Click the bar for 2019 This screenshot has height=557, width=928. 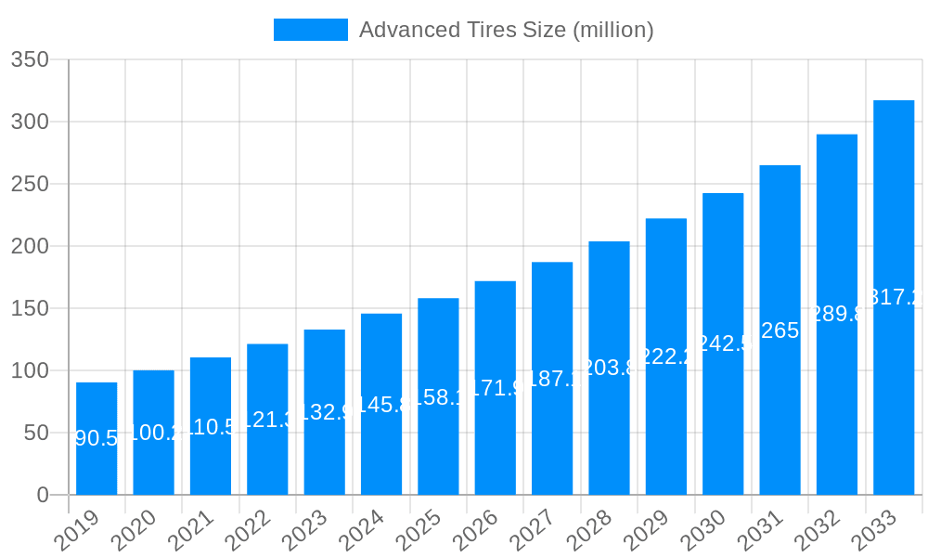[x=97, y=438]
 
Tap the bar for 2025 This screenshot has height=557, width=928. [x=438, y=396]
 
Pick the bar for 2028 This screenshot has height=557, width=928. [x=609, y=368]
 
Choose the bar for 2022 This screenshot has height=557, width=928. [x=267, y=419]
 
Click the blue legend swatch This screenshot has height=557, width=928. [x=311, y=30]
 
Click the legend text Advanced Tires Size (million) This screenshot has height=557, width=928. [x=506, y=30]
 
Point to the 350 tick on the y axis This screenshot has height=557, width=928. [x=30, y=59]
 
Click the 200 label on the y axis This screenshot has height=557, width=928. [x=30, y=246]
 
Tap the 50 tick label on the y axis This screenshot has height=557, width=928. [x=36, y=433]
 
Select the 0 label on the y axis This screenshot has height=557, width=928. [x=43, y=495]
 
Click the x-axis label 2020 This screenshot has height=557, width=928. [x=134, y=531]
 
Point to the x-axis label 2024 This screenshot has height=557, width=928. [x=361, y=531]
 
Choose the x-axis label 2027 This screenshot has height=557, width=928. [x=532, y=531]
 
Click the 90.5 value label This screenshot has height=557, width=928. [x=97, y=438]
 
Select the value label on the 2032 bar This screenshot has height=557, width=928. [x=837, y=314]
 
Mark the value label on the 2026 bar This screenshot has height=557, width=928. [x=496, y=388]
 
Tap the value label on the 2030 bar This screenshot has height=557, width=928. [x=723, y=343]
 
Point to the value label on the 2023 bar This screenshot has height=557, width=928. [x=325, y=412]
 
